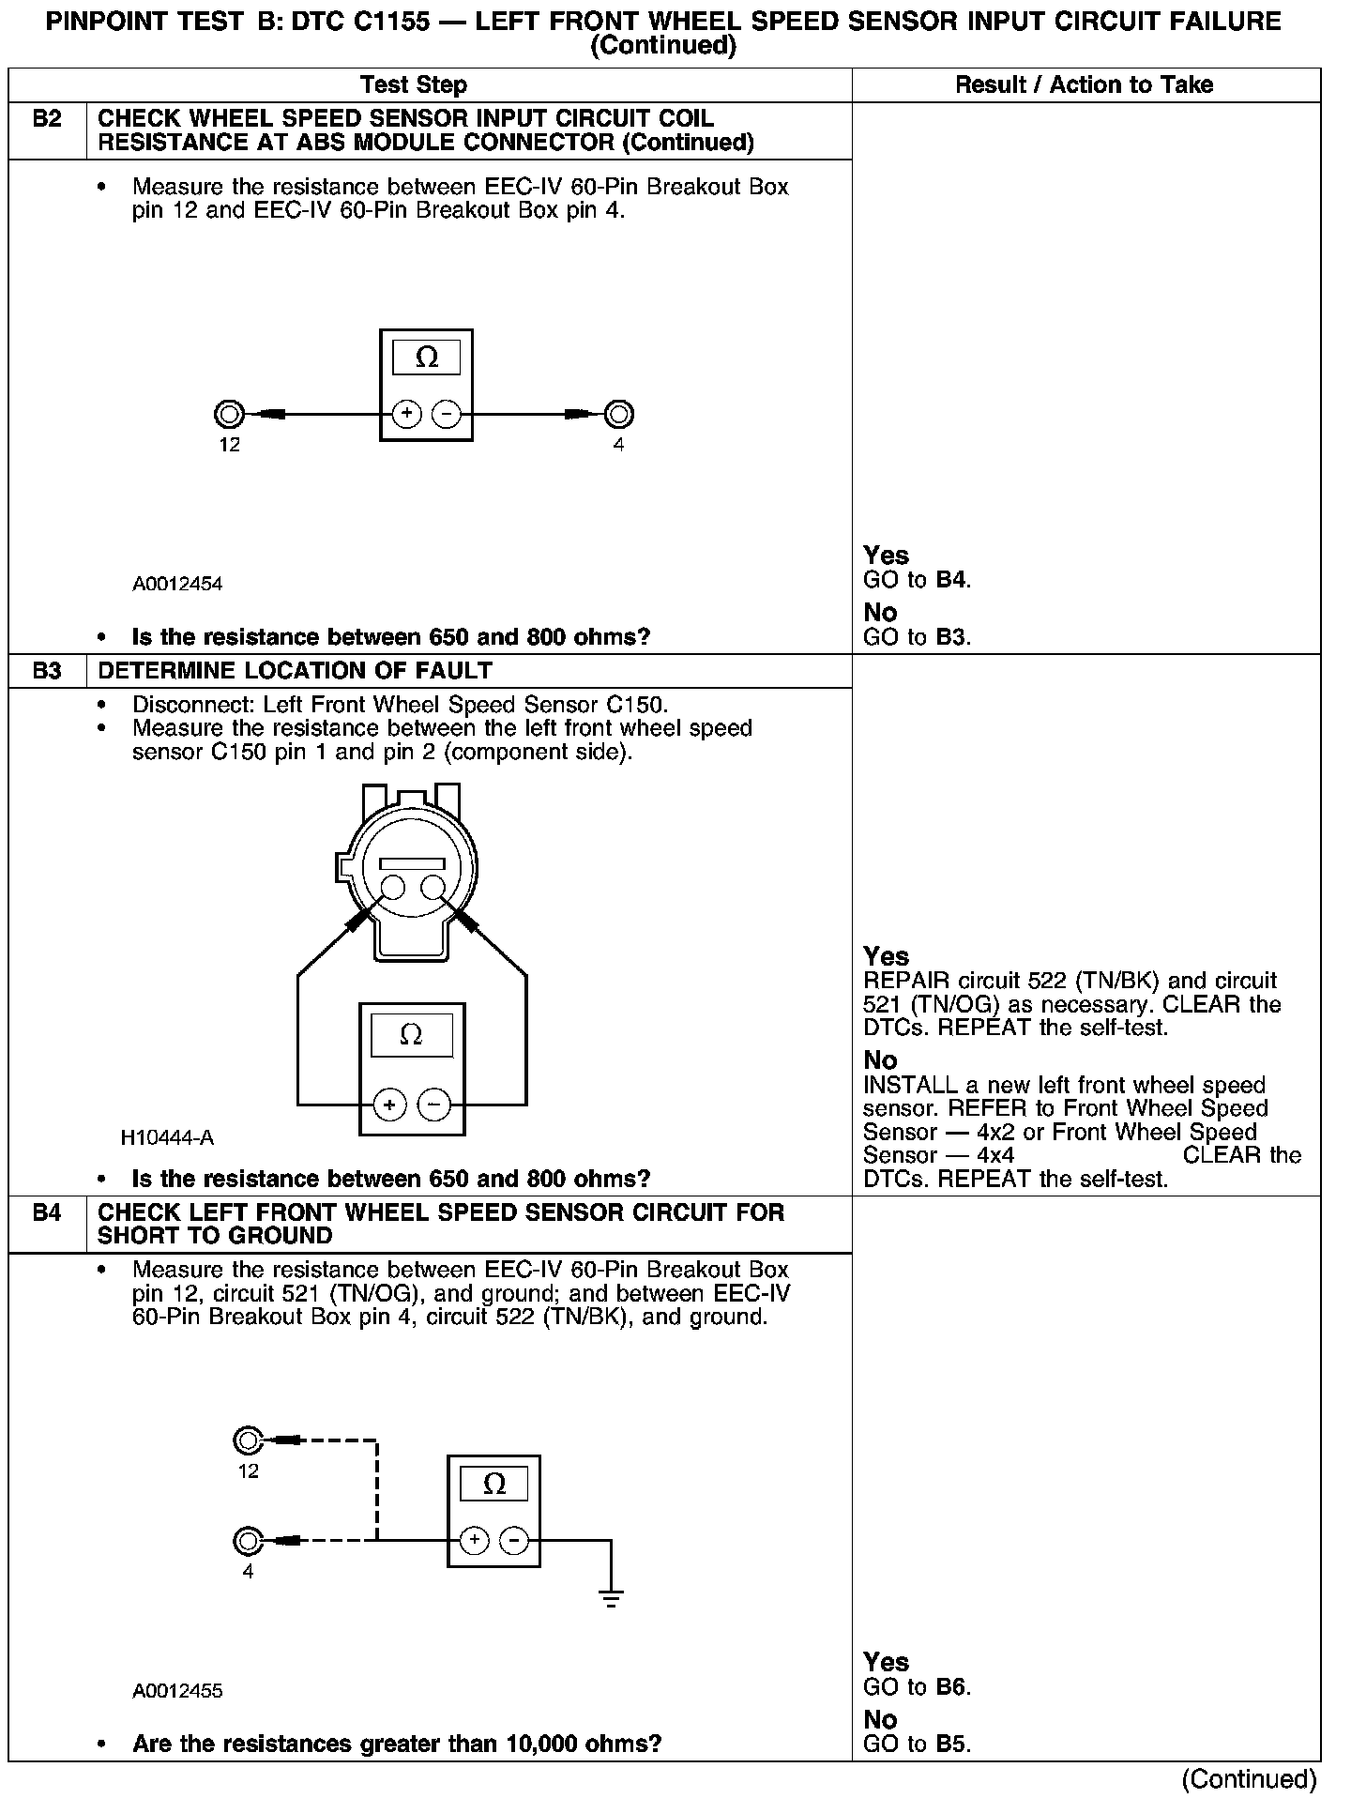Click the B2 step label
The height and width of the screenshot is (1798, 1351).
coord(47,119)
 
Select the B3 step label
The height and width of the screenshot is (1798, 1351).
coord(47,671)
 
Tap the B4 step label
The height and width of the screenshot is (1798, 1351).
coord(47,1212)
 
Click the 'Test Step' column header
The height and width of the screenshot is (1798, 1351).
coord(414,85)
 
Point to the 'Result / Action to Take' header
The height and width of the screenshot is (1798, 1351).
coord(1084,85)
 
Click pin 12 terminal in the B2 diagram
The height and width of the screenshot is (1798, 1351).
coord(229,414)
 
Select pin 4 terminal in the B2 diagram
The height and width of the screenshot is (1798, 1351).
coord(618,414)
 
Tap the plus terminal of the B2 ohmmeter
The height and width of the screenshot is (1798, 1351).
coord(406,414)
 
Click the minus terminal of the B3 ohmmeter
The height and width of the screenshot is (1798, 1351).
coord(433,1105)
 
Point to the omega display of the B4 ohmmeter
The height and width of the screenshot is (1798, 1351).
coord(493,1484)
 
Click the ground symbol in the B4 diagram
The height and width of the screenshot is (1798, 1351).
coord(611,1599)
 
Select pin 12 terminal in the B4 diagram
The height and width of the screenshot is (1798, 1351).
coord(248,1440)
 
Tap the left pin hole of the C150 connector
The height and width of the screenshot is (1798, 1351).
coord(392,888)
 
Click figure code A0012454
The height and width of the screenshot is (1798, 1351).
coord(177,584)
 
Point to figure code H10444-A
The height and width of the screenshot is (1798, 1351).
coord(167,1137)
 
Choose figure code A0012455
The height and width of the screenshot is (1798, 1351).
coord(177,1691)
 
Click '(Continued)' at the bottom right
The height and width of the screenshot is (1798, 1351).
coord(1249,1779)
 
